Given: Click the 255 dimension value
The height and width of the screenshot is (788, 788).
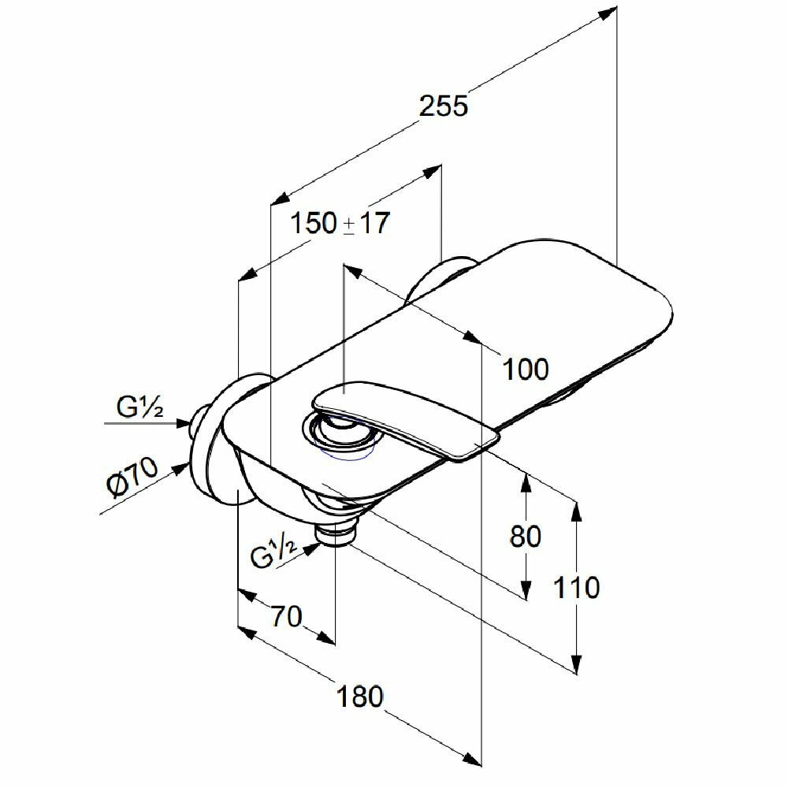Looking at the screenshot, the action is click(443, 106).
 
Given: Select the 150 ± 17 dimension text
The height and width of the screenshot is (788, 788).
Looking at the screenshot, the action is click(340, 223).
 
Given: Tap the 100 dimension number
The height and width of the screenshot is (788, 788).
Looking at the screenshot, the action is click(526, 368).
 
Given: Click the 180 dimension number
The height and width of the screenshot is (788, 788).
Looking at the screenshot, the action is click(359, 696).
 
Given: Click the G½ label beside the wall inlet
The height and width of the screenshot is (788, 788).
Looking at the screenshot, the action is click(140, 408).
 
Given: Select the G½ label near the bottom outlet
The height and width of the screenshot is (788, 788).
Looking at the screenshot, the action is click(272, 553).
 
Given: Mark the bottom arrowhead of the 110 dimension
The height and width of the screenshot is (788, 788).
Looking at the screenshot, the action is click(578, 666).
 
